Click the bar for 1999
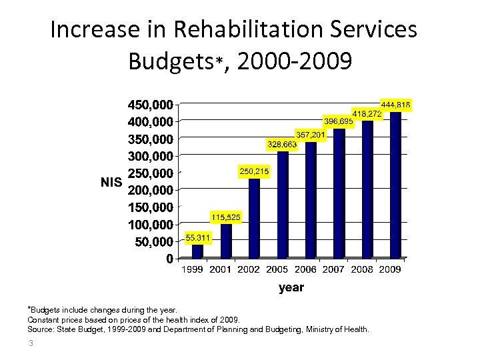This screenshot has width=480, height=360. [198, 251]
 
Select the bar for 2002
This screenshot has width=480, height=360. [254, 218]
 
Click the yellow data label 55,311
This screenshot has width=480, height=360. [198, 237]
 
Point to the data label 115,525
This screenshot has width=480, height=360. [226, 217]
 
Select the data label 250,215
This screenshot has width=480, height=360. [254, 172]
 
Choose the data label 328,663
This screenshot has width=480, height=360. [282, 144]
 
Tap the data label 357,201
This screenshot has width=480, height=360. [311, 135]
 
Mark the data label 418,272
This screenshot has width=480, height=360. [367, 114]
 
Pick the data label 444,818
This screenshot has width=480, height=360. [395, 105]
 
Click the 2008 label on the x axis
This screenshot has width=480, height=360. [363, 270]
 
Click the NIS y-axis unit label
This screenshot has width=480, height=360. [111, 181]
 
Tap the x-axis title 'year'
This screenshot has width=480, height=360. [291, 287]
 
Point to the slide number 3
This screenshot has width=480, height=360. [31, 343]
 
